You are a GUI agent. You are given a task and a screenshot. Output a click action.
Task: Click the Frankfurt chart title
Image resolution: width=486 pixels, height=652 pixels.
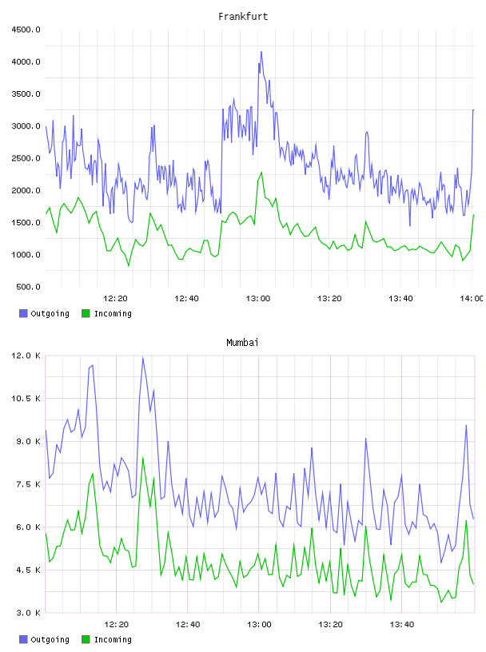243,17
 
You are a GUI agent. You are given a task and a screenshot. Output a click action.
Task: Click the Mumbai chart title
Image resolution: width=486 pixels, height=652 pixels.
242,343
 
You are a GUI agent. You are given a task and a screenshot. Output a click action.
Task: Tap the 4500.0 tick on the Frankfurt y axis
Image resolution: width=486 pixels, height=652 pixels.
26,30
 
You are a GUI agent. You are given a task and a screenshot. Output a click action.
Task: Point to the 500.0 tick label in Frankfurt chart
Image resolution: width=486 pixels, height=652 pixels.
28,287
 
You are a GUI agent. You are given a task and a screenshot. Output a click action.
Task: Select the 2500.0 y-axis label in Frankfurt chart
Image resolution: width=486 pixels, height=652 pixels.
26,158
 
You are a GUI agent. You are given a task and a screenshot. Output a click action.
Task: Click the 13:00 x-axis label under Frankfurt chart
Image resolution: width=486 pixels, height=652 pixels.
258,299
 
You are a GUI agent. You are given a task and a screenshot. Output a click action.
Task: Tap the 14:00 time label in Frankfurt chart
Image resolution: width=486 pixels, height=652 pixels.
472,299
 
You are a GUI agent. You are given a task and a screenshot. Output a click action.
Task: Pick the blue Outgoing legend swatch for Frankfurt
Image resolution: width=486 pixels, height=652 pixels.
23,313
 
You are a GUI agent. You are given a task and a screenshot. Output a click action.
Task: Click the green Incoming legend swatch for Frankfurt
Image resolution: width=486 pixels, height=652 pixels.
86,313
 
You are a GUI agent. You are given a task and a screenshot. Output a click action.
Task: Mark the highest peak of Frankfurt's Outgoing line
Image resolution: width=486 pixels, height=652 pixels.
261,52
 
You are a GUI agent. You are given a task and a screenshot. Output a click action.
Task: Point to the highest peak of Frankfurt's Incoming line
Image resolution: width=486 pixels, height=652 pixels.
261,172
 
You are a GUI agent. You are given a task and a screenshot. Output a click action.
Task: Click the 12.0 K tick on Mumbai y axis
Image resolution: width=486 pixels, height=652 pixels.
26,356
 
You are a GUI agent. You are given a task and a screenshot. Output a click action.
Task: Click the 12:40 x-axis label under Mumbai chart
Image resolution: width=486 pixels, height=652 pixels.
188,625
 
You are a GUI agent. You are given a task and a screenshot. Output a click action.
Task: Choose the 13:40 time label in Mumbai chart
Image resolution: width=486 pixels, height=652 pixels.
402,625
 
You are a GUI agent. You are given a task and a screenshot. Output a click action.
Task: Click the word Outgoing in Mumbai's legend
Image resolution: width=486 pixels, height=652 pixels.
50,639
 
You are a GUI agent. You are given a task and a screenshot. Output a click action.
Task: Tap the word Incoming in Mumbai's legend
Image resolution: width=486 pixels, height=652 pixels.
113,639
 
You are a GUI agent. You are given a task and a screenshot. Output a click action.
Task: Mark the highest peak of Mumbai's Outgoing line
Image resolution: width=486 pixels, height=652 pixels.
143,357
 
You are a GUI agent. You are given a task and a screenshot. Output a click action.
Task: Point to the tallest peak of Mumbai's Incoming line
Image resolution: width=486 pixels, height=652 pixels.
143,457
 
